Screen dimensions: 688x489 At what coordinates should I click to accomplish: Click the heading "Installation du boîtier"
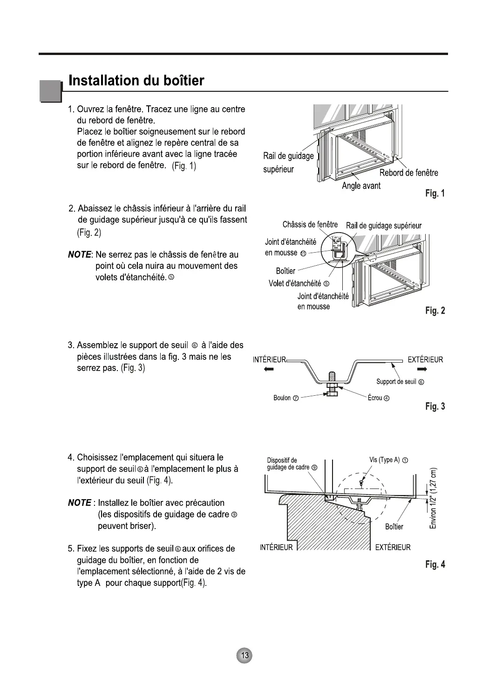136,81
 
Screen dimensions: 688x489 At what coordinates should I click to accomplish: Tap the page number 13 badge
244,655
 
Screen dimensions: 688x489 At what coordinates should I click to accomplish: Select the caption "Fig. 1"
435,193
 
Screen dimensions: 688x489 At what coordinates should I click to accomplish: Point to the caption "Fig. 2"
435,310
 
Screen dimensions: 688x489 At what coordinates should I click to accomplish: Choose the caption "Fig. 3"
435,406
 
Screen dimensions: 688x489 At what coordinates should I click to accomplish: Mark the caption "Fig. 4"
435,564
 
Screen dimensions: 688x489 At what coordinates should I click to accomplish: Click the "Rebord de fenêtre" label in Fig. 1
408,173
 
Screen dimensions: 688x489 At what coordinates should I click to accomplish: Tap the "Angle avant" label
361,186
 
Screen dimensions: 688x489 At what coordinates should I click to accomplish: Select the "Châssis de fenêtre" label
310,225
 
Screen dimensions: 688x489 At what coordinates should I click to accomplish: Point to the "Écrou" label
378,398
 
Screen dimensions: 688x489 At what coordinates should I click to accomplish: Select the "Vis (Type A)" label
388,460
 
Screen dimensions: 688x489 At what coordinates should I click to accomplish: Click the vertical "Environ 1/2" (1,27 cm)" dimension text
433,498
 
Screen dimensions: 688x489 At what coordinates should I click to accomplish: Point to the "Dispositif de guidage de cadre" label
292,464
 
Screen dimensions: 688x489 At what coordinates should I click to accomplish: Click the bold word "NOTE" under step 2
79,255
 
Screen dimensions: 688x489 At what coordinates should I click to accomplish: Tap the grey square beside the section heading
50,91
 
